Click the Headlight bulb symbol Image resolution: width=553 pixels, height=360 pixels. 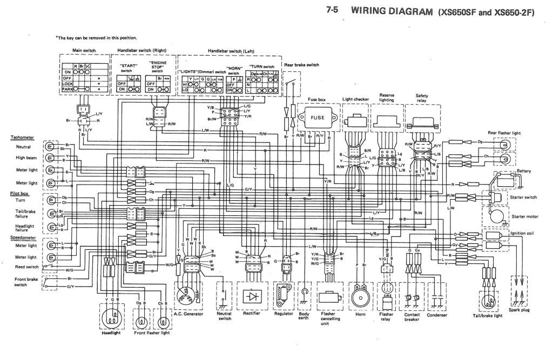[x=112, y=319]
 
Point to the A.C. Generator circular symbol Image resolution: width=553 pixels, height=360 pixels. [x=188, y=294]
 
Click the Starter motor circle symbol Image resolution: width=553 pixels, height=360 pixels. [x=495, y=216]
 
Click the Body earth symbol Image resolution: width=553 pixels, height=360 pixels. [x=306, y=294]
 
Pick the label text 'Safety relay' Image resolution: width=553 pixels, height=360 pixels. [x=422, y=98]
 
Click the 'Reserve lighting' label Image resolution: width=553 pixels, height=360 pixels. [x=387, y=97]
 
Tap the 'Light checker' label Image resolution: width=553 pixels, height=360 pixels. [x=355, y=100]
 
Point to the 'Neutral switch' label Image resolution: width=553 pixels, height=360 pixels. [x=224, y=316]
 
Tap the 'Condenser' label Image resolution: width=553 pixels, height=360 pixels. [x=437, y=314]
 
